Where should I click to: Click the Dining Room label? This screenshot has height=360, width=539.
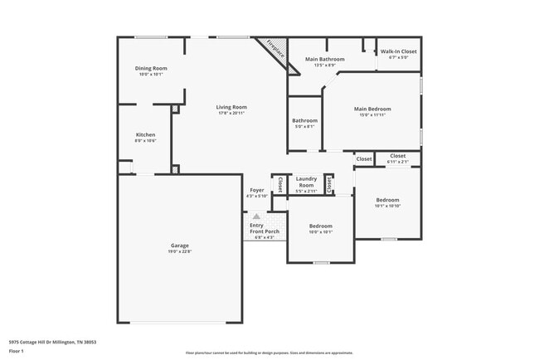click(x=152, y=68)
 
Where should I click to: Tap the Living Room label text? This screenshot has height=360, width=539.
click(x=232, y=107)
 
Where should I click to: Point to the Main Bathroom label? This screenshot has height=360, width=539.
click(x=324, y=60)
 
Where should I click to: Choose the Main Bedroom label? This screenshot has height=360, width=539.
click(x=372, y=109)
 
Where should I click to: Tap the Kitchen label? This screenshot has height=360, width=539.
click(x=146, y=134)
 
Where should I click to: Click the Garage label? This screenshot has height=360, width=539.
click(x=180, y=246)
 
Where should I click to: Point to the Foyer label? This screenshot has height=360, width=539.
click(x=257, y=190)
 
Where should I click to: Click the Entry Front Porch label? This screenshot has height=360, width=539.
click(x=265, y=228)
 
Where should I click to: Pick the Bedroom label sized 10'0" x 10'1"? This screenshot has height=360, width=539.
click(x=321, y=226)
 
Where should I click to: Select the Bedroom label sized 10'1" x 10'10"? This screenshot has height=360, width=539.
click(x=387, y=200)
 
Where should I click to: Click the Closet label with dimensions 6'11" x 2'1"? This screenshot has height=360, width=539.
click(x=398, y=155)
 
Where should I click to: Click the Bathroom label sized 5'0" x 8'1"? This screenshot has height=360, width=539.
click(x=304, y=120)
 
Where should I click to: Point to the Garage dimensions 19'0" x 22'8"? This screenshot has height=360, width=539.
click(x=180, y=252)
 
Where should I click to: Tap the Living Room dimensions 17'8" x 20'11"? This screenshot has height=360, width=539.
click(x=232, y=114)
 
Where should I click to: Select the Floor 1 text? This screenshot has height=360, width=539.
click(x=16, y=352)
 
